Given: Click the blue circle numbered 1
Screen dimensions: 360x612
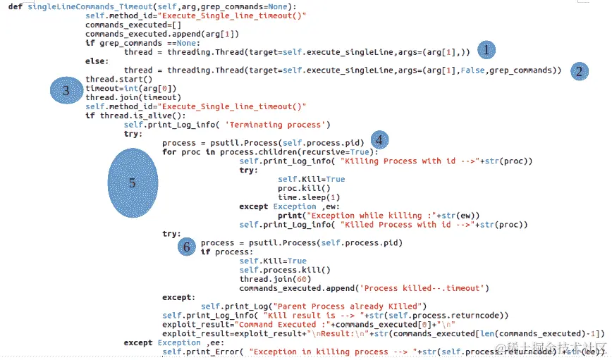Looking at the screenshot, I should [x=486, y=49].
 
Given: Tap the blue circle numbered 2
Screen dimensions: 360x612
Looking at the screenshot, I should [x=579, y=70].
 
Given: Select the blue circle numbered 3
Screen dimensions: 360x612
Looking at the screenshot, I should [x=66, y=90].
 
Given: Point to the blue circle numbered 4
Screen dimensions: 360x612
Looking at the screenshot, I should [x=379, y=139].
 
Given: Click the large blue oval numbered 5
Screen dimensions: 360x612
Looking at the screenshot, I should [x=133, y=182].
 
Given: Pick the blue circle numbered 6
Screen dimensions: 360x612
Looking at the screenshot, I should [x=186, y=247].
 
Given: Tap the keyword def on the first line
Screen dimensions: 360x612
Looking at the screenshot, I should [x=15, y=6].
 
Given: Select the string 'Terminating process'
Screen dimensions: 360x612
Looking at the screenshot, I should [x=278, y=125].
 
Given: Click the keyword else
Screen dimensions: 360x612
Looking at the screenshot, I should [x=96, y=61].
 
